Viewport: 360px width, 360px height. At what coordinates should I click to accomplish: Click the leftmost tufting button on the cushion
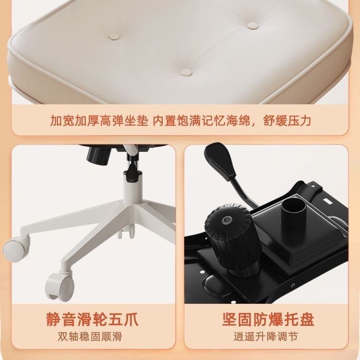click(114, 36)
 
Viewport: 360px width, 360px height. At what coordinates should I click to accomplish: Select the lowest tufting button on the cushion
click(186, 72)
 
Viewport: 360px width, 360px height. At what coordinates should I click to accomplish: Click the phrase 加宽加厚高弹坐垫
click(99, 121)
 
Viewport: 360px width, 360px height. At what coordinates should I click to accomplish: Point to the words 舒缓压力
click(287, 121)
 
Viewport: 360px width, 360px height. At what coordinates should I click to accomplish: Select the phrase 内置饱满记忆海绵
click(201, 121)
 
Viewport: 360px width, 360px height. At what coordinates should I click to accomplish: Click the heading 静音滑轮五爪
click(93, 319)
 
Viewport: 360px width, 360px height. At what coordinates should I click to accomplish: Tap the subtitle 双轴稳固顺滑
click(90, 337)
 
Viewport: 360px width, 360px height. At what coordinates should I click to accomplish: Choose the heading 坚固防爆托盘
click(268, 319)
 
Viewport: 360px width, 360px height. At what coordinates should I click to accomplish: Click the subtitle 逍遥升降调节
click(266, 337)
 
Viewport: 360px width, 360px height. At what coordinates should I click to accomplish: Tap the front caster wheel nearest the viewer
click(60, 285)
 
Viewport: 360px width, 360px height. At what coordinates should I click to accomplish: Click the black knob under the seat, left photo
click(98, 155)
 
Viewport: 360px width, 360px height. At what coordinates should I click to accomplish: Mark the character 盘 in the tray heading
click(307, 319)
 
